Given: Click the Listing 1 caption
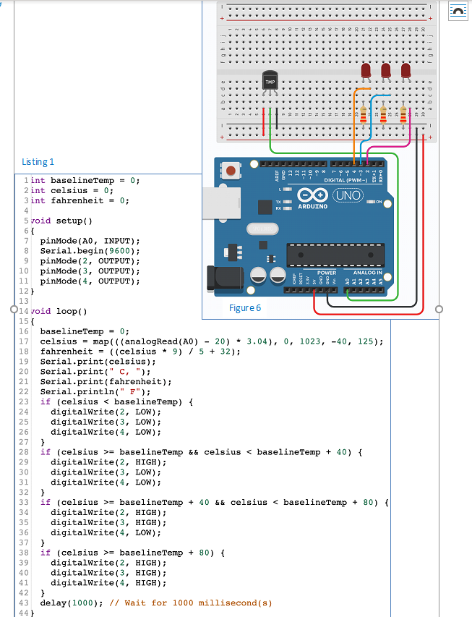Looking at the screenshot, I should pyautogui.click(x=38, y=162).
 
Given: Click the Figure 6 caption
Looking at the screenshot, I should pyautogui.click(x=245, y=307).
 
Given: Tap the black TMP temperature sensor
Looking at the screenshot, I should pyautogui.click(x=270, y=83).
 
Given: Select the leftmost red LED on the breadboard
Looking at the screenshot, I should pyautogui.click(x=366, y=71).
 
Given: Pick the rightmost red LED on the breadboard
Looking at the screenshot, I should pyautogui.click(x=406, y=71).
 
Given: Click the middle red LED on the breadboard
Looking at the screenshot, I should pyautogui.click(x=386, y=71).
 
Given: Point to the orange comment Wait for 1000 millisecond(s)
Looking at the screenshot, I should pyautogui.click(x=191, y=603).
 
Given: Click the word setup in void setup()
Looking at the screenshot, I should pyautogui.click(x=66, y=220).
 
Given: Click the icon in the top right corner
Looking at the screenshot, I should pyautogui.click(x=458, y=10).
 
